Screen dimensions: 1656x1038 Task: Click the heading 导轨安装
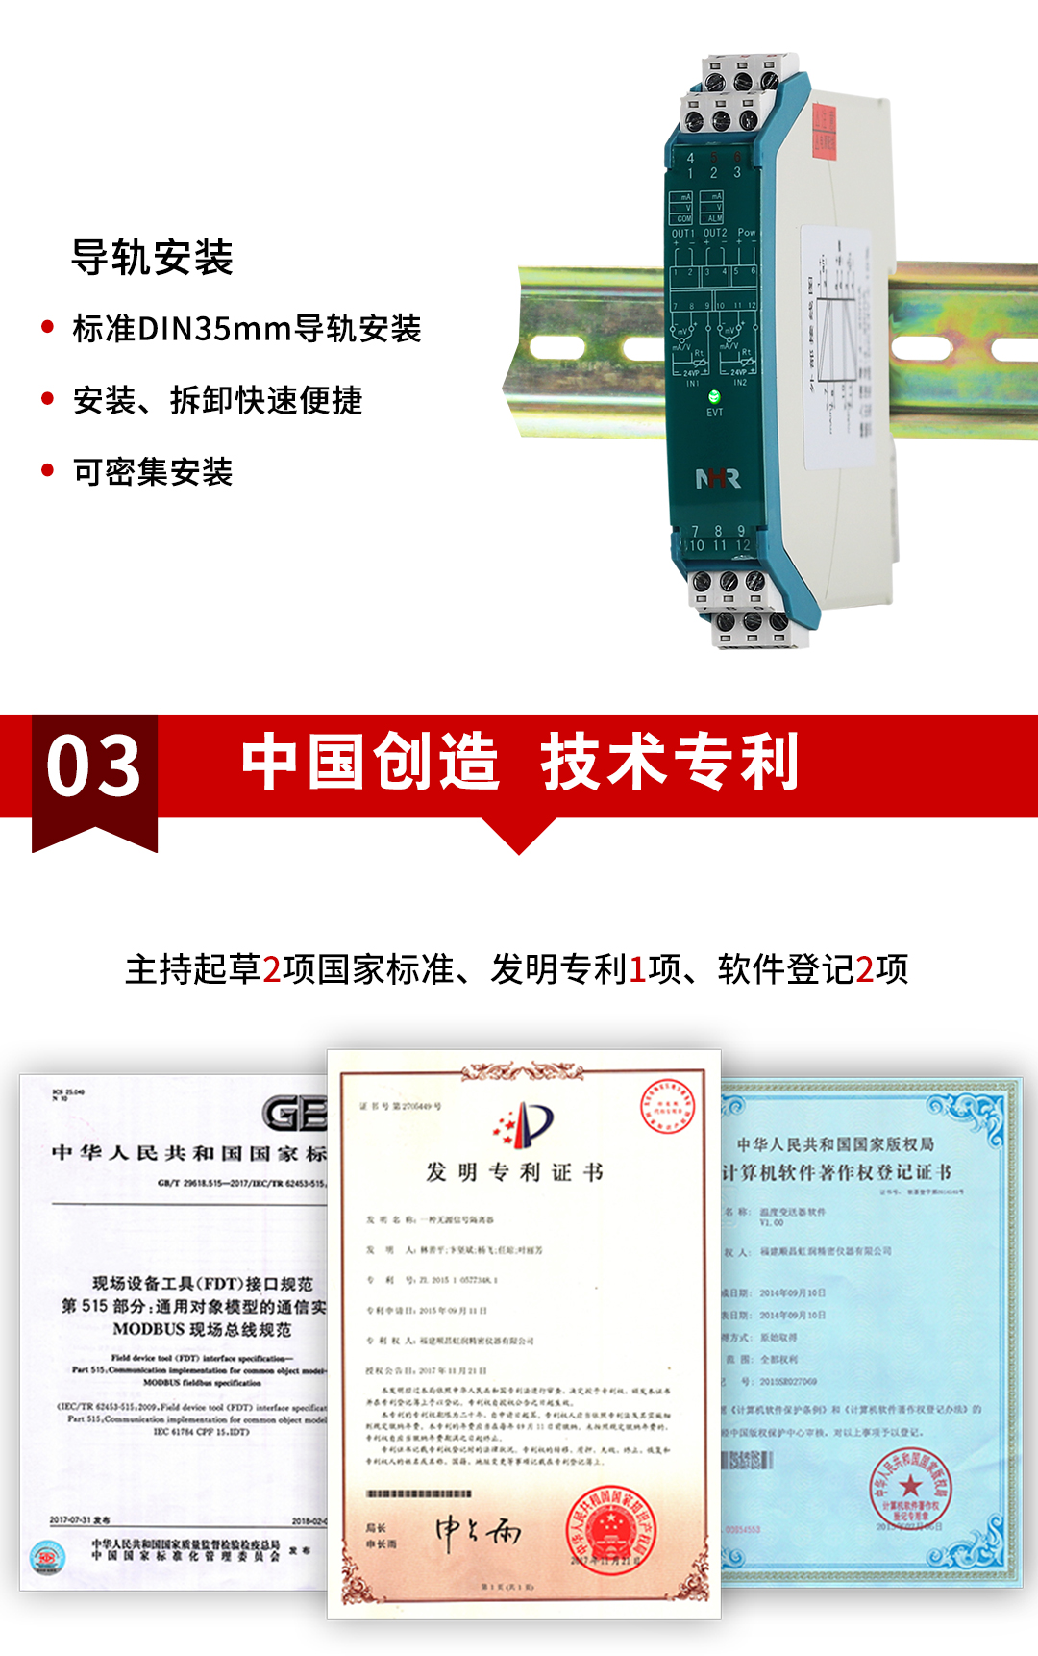click(x=152, y=258)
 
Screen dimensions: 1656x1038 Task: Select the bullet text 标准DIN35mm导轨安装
click(x=247, y=329)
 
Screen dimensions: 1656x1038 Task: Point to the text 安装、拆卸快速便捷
click(x=218, y=400)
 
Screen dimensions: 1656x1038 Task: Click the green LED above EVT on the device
click(x=714, y=396)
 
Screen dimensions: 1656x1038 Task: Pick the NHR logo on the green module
click(x=717, y=478)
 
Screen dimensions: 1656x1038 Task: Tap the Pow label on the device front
click(x=747, y=233)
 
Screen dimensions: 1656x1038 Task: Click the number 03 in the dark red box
click(x=94, y=766)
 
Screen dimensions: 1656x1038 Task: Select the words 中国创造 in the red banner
click(x=371, y=762)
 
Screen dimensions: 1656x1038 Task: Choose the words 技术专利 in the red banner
click(x=670, y=762)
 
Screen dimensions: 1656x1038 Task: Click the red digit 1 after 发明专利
click(x=637, y=969)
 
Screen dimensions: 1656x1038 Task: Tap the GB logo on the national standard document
click(x=294, y=1114)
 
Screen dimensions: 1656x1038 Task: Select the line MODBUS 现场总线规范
click(x=202, y=1329)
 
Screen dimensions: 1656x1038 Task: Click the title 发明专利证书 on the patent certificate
click(x=515, y=1172)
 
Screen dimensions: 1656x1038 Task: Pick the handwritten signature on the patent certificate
click(x=478, y=1531)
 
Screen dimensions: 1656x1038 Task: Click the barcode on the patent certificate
click(x=419, y=1493)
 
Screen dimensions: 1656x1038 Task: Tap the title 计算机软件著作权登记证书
click(x=836, y=1172)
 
